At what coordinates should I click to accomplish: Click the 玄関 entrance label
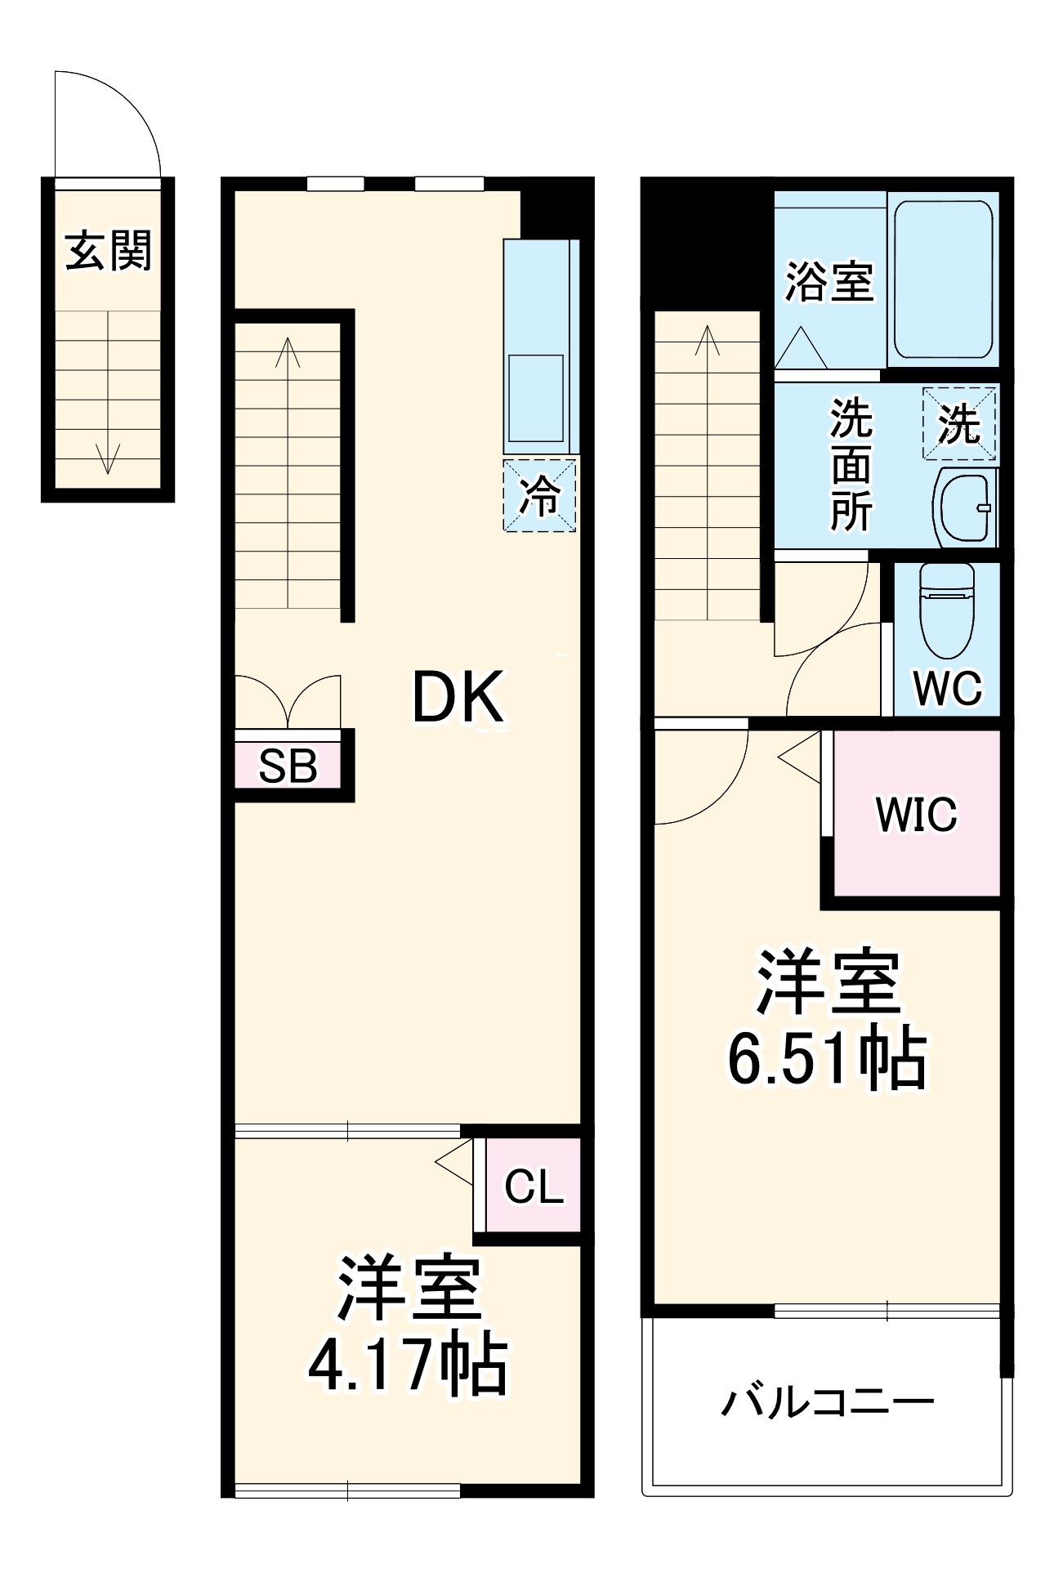108,250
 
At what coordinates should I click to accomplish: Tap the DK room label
457,697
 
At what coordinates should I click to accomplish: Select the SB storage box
288,766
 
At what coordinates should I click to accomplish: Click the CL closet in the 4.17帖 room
534,1186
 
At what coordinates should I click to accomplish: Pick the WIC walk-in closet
916,814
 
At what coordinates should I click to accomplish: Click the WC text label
947,688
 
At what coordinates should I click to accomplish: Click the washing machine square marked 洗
959,423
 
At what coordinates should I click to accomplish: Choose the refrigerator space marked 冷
540,495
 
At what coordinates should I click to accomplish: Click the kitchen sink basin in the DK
536,397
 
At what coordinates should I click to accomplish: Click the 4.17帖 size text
407,1365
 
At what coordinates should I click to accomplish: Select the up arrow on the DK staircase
288,353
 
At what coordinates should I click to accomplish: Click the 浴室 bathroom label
829,281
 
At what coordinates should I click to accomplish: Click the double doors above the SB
288,701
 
